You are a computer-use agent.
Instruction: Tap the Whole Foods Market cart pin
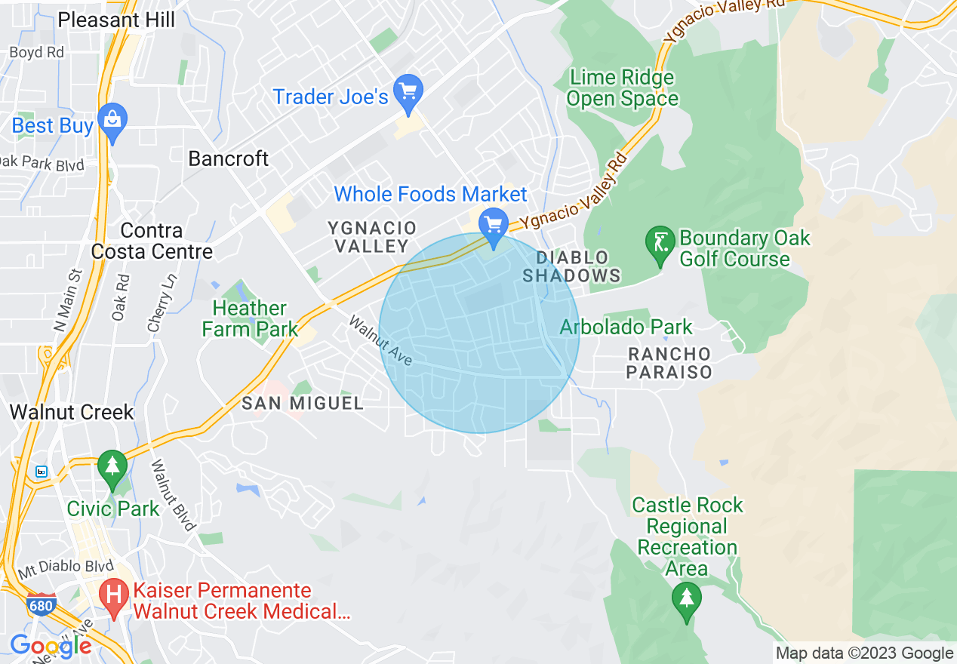pos(494,226)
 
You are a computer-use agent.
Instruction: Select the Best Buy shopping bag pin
pos(113,121)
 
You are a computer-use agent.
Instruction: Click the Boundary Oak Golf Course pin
pos(660,244)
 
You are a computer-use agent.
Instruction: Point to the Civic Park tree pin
pos(112,466)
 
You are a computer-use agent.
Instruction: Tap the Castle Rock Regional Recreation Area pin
pos(686,601)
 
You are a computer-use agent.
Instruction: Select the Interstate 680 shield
pos(42,607)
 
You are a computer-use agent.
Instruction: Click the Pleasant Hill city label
pos(116,20)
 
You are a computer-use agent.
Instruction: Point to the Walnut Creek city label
pos(72,412)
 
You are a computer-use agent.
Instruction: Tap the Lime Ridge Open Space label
pos(622,88)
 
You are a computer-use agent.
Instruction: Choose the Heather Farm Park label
pos(249,318)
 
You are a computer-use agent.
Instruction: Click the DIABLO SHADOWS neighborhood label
pos(571,266)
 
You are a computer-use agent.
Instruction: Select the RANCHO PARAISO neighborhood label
pos(669,363)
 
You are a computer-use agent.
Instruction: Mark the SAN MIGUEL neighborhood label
pos(302,403)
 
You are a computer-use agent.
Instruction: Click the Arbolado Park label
pos(626,327)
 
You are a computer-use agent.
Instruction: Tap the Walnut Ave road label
pos(380,341)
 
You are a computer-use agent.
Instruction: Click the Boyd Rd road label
pos(36,53)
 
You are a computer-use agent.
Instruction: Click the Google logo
pos(50,646)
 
